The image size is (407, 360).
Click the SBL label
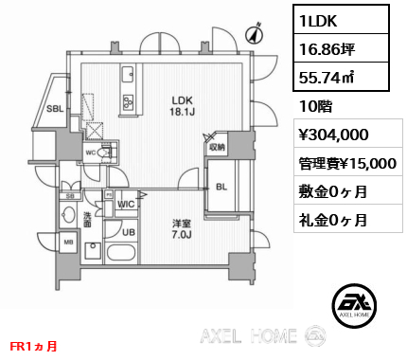coord(54,110)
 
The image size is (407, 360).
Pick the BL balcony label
coord(221,187)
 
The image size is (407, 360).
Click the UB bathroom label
coord(130,232)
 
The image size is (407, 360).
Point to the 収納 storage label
coord(217,147)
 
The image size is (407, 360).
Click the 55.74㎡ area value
coord(322,77)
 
